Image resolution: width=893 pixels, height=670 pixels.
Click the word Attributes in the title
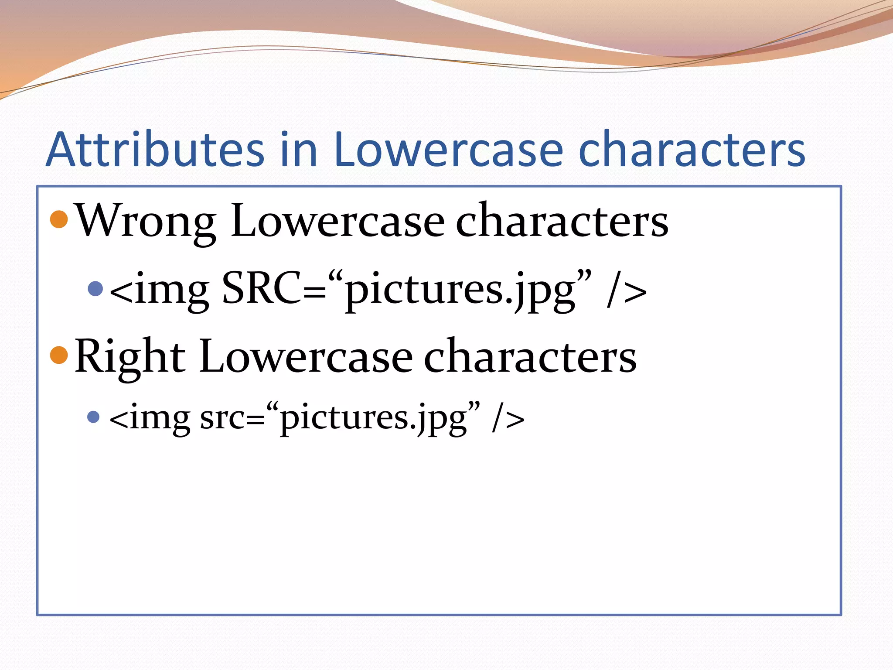point(155,150)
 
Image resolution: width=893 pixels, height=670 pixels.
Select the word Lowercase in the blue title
point(449,150)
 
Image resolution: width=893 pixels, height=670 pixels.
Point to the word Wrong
point(146,222)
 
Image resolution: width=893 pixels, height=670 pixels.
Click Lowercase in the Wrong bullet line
point(338,222)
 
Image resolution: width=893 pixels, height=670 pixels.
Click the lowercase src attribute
point(222,418)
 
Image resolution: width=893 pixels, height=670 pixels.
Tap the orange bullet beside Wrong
point(59,219)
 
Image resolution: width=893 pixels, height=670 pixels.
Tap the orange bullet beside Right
point(59,355)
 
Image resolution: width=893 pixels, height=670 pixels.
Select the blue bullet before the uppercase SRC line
point(95,288)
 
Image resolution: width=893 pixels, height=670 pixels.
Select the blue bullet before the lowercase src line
point(93,417)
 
